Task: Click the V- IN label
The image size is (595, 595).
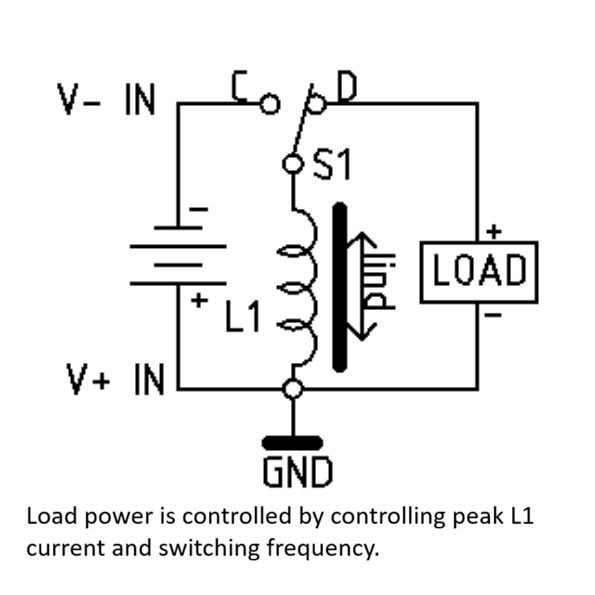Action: pos(106,99)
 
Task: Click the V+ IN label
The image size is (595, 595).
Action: pos(115,379)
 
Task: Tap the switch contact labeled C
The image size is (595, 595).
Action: pos(270,104)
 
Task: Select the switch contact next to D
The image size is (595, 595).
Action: pos(316,104)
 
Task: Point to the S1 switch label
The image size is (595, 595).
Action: pos(332,164)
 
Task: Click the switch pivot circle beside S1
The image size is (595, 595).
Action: pos(293,164)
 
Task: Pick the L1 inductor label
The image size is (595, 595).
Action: pos(242,316)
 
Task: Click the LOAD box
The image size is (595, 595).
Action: pos(479,272)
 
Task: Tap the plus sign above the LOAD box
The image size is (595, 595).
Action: pos(493,231)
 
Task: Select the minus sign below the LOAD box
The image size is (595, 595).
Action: pos(493,314)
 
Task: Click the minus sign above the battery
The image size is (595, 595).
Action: pos(198,209)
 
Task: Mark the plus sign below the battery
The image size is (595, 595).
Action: pos(199,301)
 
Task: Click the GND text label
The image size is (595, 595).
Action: pos(298,471)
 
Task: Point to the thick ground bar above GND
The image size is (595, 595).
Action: pos(293,443)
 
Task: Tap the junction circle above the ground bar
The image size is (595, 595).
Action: pos(293,389)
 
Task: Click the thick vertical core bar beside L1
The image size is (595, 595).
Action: pos(340,287)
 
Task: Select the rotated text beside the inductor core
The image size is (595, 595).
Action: pos(379,281)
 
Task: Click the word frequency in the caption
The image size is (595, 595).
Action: pos(323,549)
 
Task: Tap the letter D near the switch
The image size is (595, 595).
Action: pos(347,87)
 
